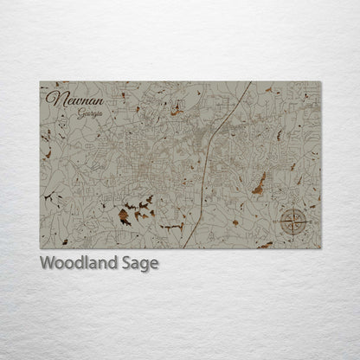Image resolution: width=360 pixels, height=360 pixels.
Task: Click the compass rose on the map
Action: [295, 223]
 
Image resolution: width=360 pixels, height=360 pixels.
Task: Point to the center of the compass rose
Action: [295, 223]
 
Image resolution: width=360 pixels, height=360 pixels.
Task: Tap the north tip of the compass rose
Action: [295, 210]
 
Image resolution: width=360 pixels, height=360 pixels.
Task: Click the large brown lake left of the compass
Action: [258, 183]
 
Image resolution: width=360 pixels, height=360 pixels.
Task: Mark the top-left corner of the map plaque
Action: [40, 81]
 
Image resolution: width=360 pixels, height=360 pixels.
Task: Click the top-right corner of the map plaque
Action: [321, 81]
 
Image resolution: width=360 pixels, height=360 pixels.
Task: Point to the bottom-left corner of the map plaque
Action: [40, 249]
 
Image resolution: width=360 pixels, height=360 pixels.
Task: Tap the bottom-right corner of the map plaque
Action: [321, 249]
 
